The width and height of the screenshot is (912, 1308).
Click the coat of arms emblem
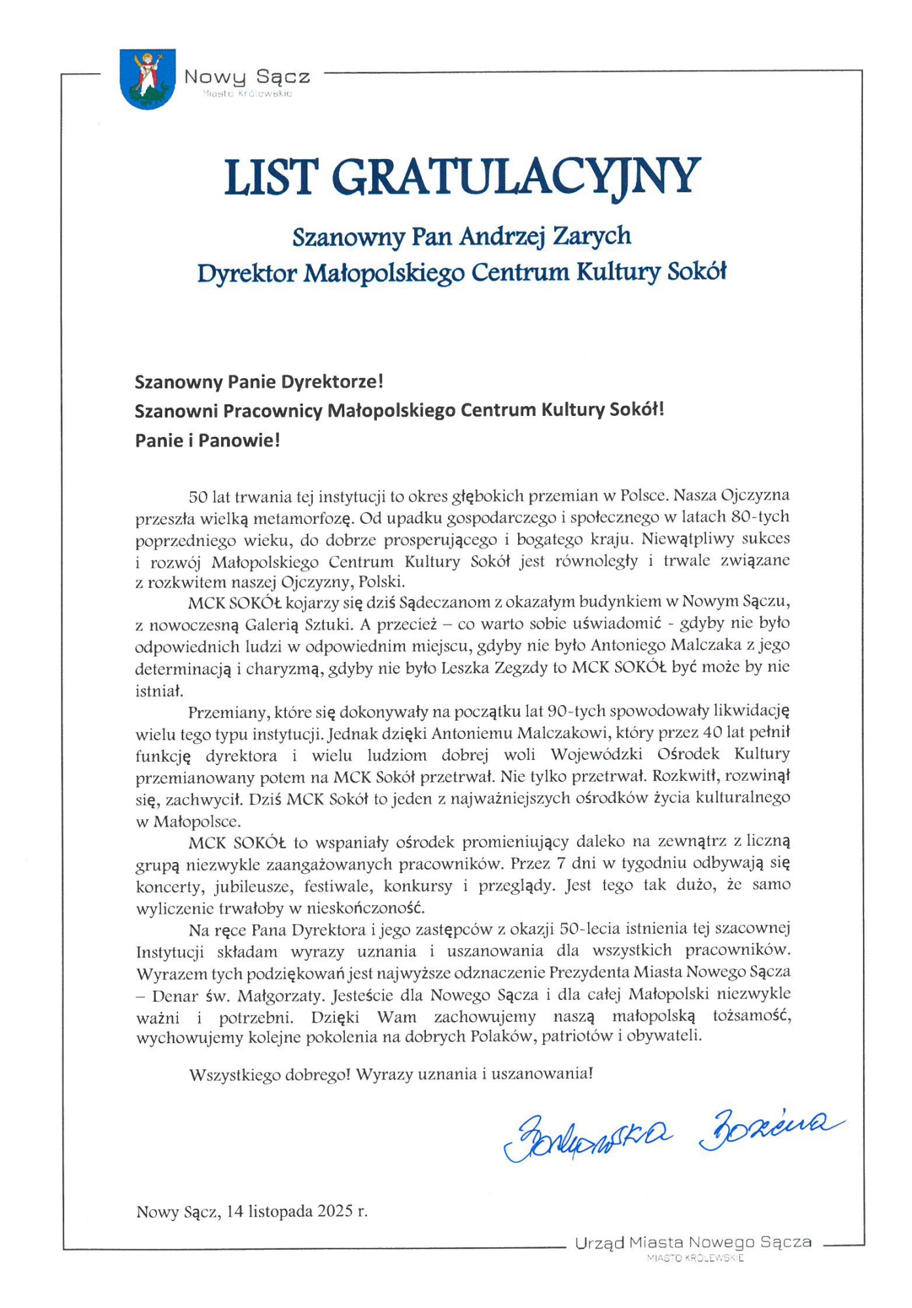pos(148,78)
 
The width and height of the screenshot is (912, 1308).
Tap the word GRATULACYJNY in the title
pos(520,177)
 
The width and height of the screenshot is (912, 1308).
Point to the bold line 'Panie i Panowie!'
pos(207,440)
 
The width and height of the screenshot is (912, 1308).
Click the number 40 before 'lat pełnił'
pos(714,732)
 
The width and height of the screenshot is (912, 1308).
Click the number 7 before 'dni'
pos(560,863)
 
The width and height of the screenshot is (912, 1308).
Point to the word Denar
pos(175,996)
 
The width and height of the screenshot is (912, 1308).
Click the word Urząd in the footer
pos(599,1243)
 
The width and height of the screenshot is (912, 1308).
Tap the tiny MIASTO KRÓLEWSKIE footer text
pos(695,1258)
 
